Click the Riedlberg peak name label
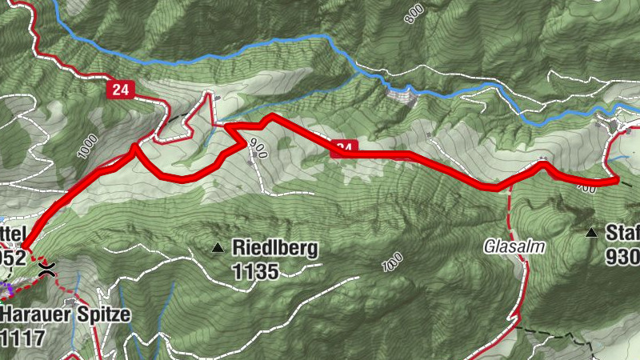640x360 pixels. pos(274,248)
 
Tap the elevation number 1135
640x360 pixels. pos(256,272)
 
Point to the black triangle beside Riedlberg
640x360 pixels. pos(218,249)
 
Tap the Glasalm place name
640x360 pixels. pos(513,246)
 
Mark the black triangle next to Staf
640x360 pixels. pos(591,233)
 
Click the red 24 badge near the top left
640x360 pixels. pos(121,90)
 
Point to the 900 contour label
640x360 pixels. pos(258,150)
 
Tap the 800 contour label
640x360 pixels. pos(413,12)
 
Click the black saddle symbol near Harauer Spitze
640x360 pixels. pos(46,269)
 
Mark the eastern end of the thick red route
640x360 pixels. pos(616,181)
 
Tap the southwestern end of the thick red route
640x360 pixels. pos(22,246)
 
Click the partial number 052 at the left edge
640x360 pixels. pos(13,258)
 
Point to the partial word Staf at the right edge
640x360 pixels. pos(623,233)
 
